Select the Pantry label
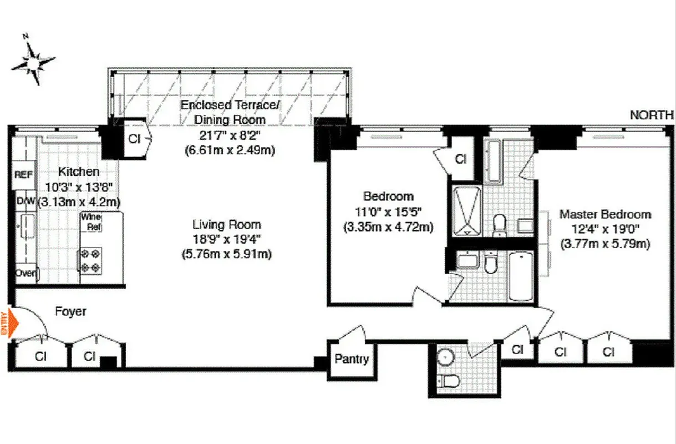[x=352, y=359]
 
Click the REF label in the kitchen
[x=23, y=174]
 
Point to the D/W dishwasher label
[x=24, y=200]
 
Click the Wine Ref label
[x=92, y=222]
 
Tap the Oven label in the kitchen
[x=26, y=273]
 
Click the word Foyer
[x=70, y=311]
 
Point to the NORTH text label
[x=652, y=115]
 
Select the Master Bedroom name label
[x=604, y=214]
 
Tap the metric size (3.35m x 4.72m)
[x=388, y=226]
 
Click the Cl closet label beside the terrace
[x=134, y=139]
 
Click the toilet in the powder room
[x=446, y=381]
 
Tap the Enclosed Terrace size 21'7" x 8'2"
[x=229, y=134]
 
